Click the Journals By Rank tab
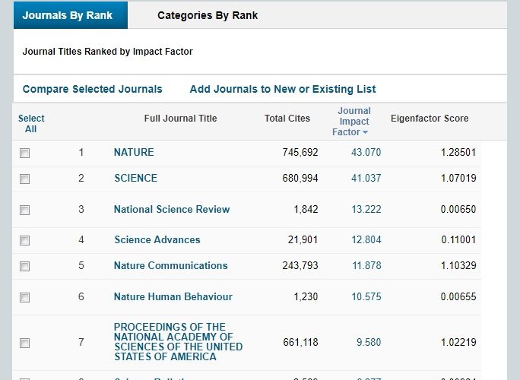pyautogui.click(x=68, y=15)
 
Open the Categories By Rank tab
pyautogui.click(x=208, y=15)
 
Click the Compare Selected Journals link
pyautogui.click(x=92, y=89)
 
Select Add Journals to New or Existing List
pyautogui.click(x=283, y=89)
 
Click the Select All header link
pyautogui.click(x=31, y=123)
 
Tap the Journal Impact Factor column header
pyautogui.click(x=354, y=122)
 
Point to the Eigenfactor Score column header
pyautogui.click(x=430, y=119)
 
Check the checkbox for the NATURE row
pyautogui.click(x=25, y=153)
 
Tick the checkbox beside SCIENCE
pyautogui.click(x=25, y=179)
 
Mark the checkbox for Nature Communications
pyautogui.click(x=25, y=266)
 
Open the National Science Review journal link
pyautogui.click(x=172, y=209)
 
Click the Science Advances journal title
pyautogui.click(x=157, y=239)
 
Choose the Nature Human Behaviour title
pyautogui.click(x=173, y=296)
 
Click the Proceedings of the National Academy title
pyautogui.click(x=178, y=342)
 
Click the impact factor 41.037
pyautogui.click(x=366, y=178)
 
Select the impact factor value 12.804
pyautogui.click(x=366, y=239)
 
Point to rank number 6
pyautogui.click(x=81, y=296)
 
